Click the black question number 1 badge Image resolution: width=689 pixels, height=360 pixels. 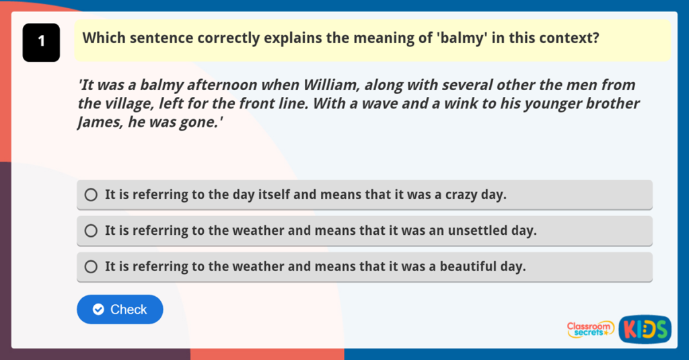(x=41, y=42)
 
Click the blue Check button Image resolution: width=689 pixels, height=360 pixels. (x=120, y=310)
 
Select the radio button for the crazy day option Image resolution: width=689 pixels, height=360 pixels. (x=91, y=194)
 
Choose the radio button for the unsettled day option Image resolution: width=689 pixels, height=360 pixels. (x=91, y=231)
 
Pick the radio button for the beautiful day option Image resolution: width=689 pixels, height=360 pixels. (x=91, y=267)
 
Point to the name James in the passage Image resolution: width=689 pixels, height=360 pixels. (x=101, y=122)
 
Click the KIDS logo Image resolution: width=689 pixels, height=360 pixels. (x=645, y=329)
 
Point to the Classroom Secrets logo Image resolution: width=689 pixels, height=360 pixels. (x=591, y=329)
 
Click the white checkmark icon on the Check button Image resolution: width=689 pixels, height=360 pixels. (x=98, y=310)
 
